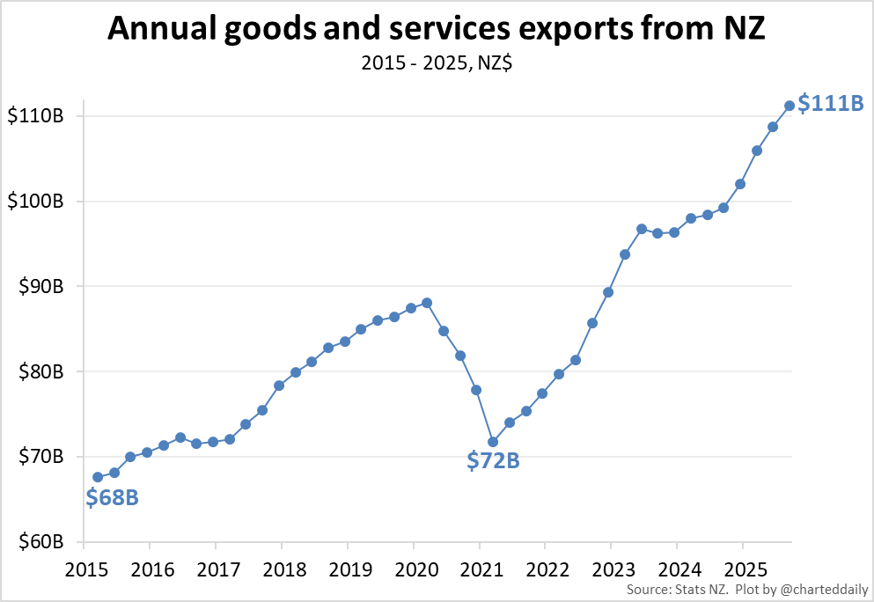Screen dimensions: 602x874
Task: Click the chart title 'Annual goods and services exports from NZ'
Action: point(437,30)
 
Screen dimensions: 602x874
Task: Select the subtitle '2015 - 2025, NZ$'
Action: point(437,63)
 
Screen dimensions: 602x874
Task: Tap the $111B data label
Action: point(830,103)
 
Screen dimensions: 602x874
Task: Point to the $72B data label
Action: point(493,459)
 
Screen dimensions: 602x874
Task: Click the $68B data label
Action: point(112,498)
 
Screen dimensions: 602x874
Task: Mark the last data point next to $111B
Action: point(790,106)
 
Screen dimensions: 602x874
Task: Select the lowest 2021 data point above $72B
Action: point(493,442)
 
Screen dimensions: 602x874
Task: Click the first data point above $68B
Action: point(98,477)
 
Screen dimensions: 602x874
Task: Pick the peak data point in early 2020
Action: point(427,303)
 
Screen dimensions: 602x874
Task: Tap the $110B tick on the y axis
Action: point(34,116)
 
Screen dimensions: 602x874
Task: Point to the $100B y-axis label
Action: point(34,202)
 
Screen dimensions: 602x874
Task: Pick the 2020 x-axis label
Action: point(414,567)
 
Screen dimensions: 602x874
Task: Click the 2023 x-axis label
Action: point(611,567)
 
